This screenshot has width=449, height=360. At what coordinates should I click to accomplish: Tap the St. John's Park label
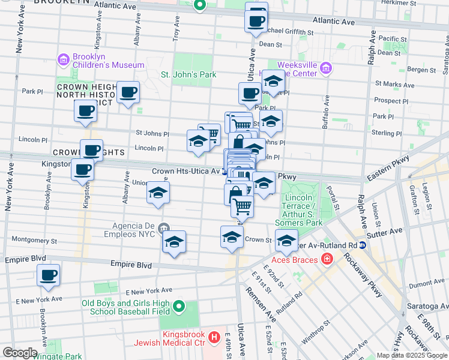[188, 74]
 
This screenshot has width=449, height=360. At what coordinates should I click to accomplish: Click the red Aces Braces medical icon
[327, 259]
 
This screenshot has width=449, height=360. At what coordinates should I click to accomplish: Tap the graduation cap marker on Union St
[158, 193]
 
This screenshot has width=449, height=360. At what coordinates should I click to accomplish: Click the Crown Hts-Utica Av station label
[185, 171]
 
